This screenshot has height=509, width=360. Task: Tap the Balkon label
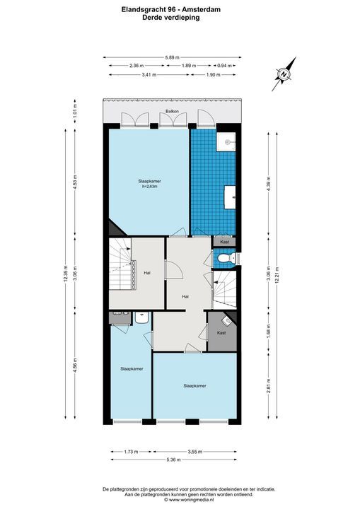[171, 112]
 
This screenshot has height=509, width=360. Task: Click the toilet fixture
[224, 261]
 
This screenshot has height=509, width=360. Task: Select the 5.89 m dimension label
[173, 57]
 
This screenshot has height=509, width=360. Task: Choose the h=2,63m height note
[149, 187]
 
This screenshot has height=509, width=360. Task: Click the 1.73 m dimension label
[129, 450]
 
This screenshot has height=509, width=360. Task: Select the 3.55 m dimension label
[194, 450]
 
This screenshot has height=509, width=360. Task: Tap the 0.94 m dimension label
[225, 66]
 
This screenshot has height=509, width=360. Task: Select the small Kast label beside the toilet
[225, 242]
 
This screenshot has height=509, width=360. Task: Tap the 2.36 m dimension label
[137, 66]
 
